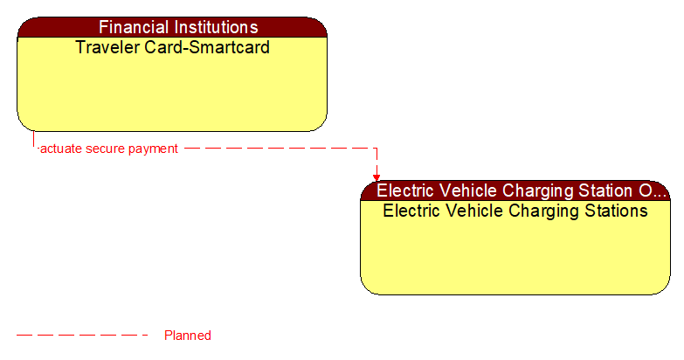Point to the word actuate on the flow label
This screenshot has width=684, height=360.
(x=61, y=149)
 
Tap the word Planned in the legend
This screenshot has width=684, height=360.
(x=188, y=336)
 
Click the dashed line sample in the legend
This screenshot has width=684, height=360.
(x=83, y=336)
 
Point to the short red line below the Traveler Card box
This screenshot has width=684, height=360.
(x=34, y=140)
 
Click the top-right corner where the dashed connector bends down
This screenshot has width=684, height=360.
(x=377, y=149)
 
